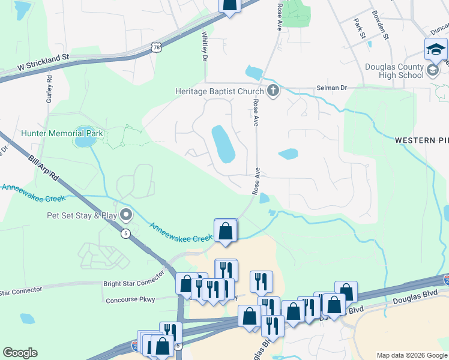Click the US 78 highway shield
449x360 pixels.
point(157,47)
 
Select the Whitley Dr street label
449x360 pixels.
point(204,47)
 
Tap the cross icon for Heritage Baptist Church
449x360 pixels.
point(273,91)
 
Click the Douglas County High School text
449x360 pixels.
point(393,71)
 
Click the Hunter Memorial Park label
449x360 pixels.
point(62,133)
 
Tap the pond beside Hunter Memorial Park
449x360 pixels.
point(85,142)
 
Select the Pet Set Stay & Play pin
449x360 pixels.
point(125,214)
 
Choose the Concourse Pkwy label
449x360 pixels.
point(130,299)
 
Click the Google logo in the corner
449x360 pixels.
point(20,353)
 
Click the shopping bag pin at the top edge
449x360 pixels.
point(229,5)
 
